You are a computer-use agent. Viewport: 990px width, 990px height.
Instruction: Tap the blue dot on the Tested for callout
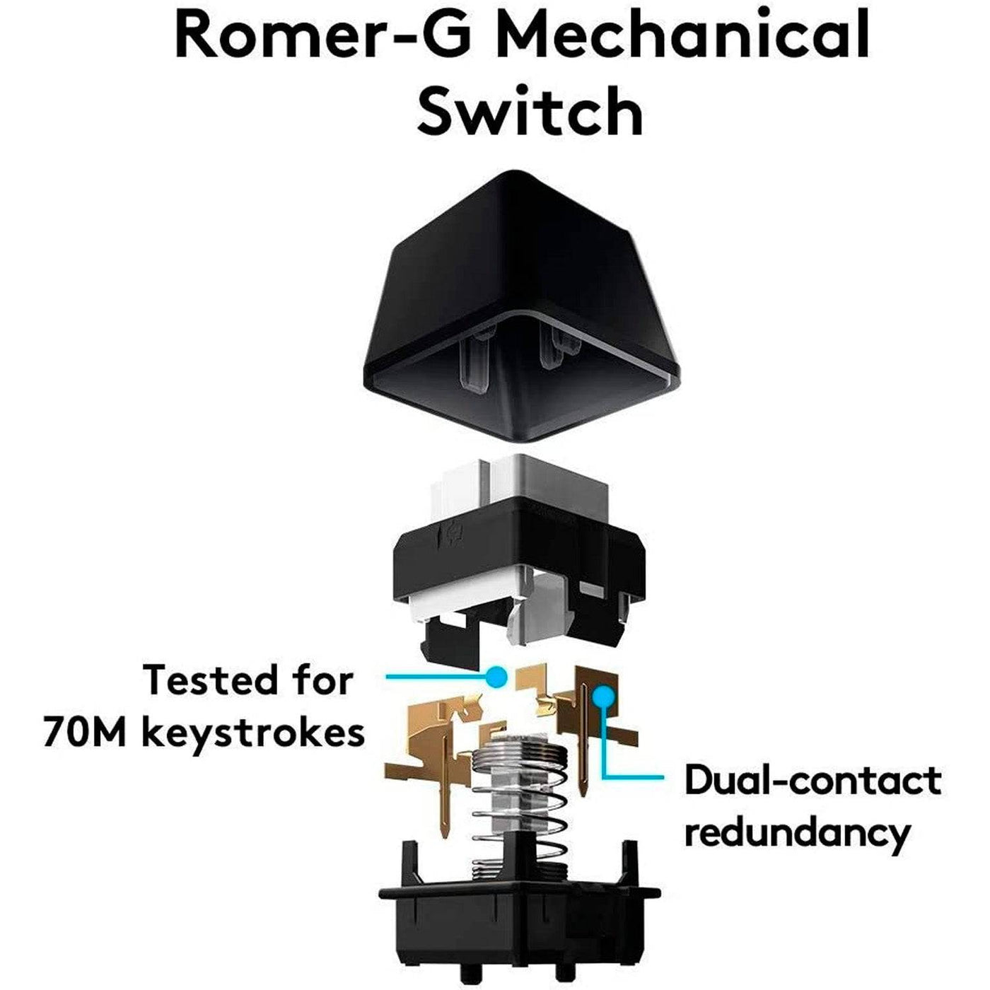(499, 677)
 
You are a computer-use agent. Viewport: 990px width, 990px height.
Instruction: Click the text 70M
(85, 732)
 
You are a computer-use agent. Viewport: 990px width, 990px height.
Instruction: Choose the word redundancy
(797, 833)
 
